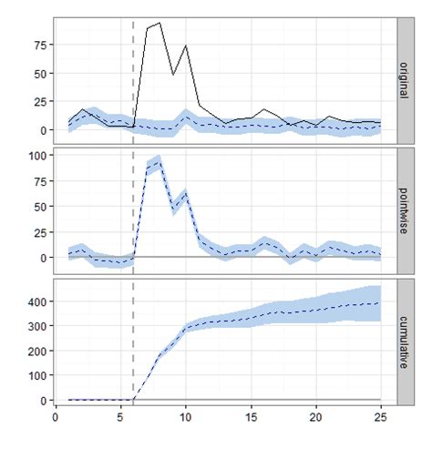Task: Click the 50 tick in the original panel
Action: coord(38,72)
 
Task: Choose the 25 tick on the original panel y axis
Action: coord(38,101)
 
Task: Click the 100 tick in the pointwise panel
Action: coord(36,155)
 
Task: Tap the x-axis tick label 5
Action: coord(120,416)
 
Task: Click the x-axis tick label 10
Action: coord(185,416)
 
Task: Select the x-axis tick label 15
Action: coord(251,416)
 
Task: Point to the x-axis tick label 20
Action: coord(315,416)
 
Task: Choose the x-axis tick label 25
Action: coord(380,416)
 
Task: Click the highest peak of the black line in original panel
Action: coord(159,23)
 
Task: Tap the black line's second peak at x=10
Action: coord(186,45)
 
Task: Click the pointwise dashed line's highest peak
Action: coord(159,159)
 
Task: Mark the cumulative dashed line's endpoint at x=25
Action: coord(380,302)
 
